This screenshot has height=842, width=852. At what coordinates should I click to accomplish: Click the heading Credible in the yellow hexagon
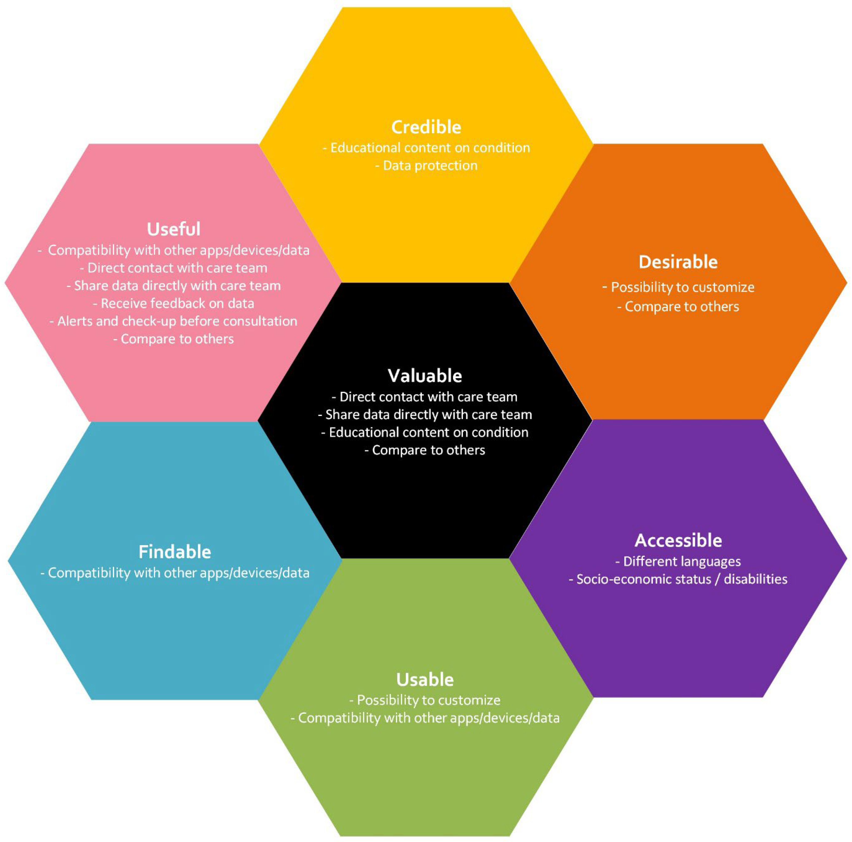tap(426, 127)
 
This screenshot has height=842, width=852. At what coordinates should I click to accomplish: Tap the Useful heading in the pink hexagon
tap(174, 229)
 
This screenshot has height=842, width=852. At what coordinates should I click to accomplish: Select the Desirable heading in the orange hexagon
tap(678, 262)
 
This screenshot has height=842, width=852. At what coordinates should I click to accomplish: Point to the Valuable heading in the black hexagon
tap(425, 376)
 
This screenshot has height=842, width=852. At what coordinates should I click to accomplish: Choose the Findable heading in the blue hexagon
tap(175, 552)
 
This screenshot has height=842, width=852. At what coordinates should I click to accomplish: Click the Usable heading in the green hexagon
tap(425, 680)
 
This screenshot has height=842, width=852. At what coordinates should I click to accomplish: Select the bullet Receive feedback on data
tap(174, 304)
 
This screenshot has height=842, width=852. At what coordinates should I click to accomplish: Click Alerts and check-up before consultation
tap(174, 321)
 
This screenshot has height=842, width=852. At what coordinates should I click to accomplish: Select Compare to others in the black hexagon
tap(425, 450)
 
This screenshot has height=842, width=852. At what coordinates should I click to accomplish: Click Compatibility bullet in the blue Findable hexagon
tap(175, 573)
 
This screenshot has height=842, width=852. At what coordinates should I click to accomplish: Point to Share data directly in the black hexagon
tap(425, 415)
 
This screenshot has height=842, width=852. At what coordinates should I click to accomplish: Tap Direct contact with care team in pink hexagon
tap(174, 268)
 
